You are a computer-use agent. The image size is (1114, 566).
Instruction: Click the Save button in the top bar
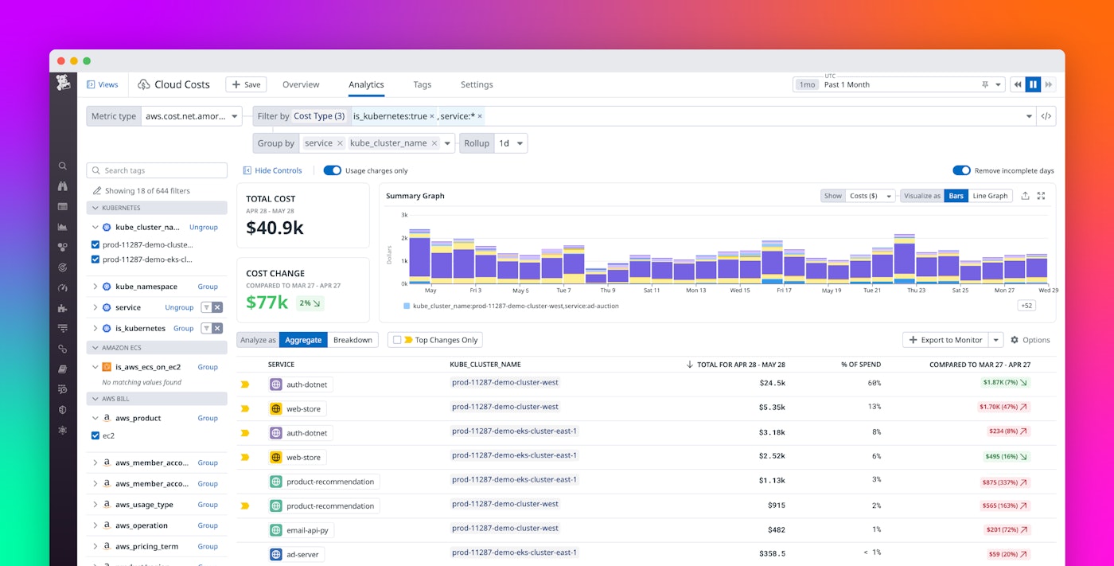[x=246, y=84]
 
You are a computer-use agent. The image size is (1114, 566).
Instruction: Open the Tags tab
[x=422, y=84]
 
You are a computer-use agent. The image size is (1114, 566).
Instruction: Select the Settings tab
[x=477, y=84]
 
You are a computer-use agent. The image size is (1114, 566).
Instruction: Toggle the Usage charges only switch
[x=332, y=170]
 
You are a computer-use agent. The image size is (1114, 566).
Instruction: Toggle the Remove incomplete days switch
[x=961, y=170]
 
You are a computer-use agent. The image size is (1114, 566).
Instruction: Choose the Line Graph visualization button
[x=990, y=196]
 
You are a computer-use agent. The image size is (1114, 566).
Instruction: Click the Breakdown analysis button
[x=353, y=340]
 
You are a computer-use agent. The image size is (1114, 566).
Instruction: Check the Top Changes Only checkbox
[x=397, y=340]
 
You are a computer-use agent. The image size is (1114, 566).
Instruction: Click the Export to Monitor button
[x=945, y=340]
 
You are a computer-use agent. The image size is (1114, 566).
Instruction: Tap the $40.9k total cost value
[x=275, y=228]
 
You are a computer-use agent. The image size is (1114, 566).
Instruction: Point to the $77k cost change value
[x=267, y=302]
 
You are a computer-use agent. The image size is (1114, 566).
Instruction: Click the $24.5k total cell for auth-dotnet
[x=772, y=383]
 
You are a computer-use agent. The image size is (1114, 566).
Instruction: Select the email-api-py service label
[x=306, y=530]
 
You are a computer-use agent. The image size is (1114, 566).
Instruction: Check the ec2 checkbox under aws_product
[x=95, y=435]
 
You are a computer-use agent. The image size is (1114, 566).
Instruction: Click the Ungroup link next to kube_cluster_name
[x=203, y=227]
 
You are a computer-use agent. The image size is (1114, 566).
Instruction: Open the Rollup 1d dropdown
[x=510, y=143]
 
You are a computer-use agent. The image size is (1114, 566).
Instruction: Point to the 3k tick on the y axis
[x=404, y=215]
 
